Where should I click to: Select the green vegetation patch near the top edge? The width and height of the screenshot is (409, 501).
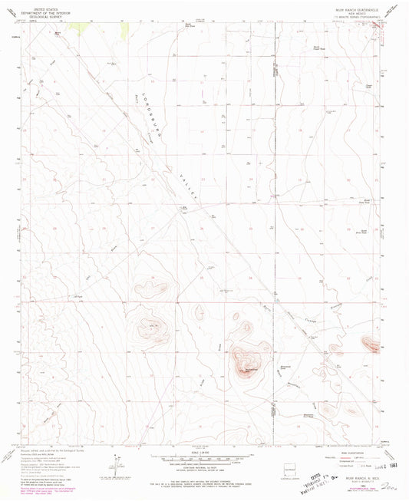[x=74, y=25]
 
